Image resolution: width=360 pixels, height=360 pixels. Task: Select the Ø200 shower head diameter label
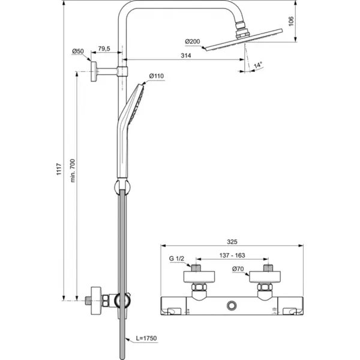tap(193, 41)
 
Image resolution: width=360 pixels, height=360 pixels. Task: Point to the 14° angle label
tap(259, 64)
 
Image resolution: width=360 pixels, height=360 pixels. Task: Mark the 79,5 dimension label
tap(106, 49)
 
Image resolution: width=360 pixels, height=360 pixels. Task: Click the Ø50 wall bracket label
tap(77, 51)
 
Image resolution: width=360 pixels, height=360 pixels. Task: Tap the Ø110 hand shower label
tap(156, 76)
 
